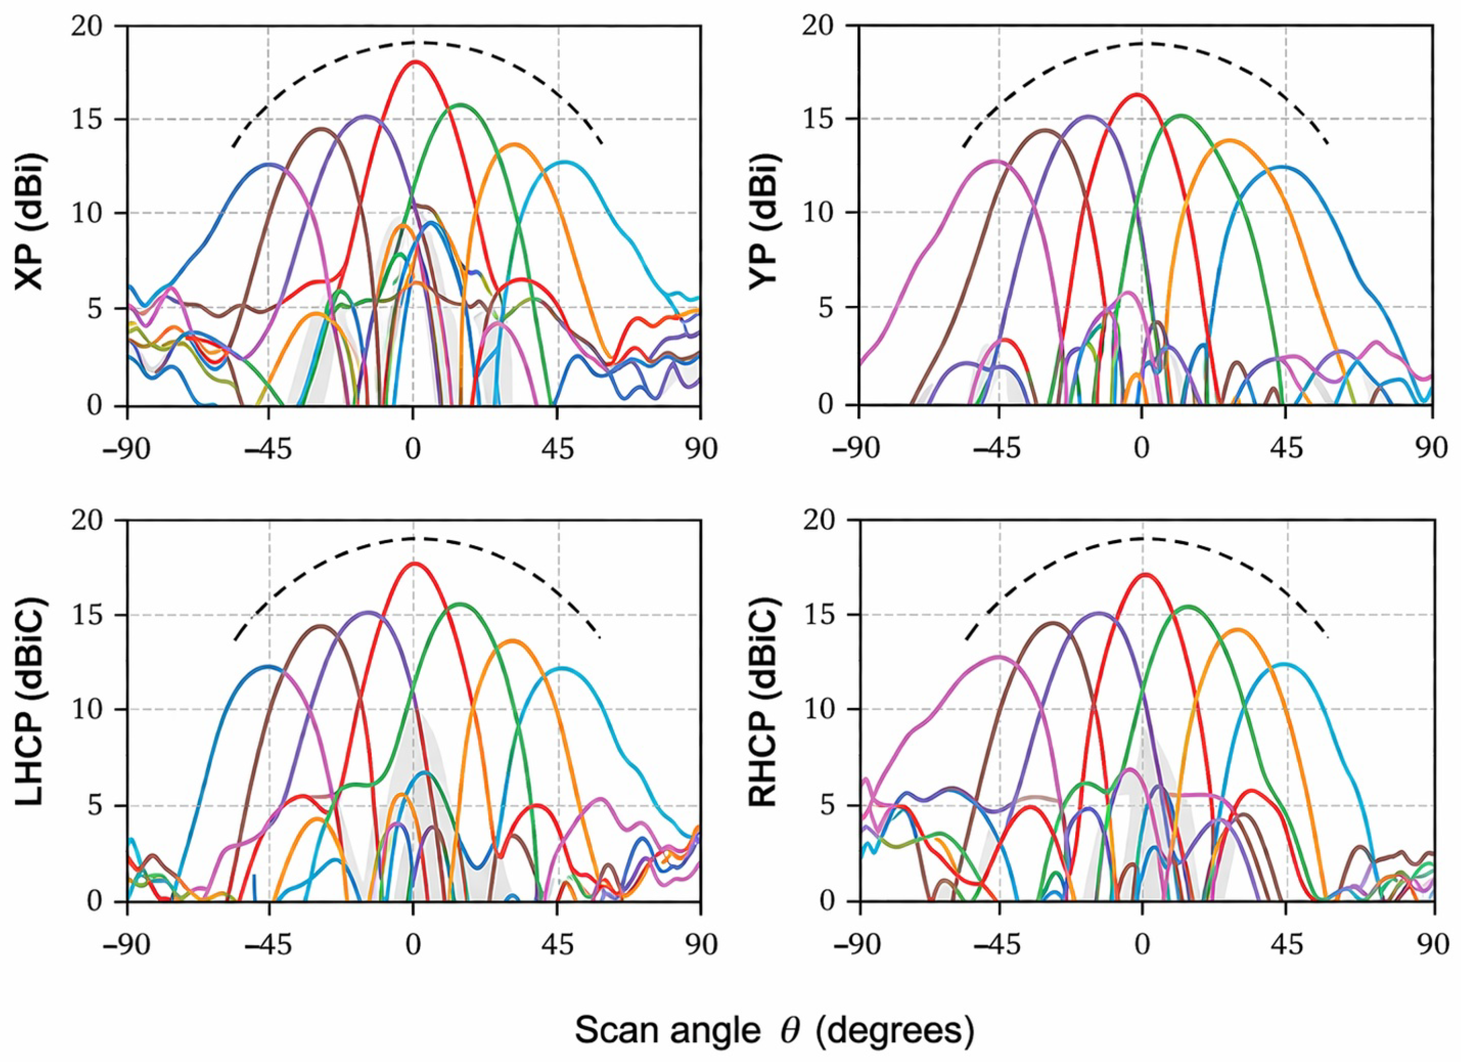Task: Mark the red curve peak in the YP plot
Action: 1136,94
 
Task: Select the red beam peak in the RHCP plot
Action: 1144,573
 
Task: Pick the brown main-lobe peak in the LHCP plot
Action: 321,626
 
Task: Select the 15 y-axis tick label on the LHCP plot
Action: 91,615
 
